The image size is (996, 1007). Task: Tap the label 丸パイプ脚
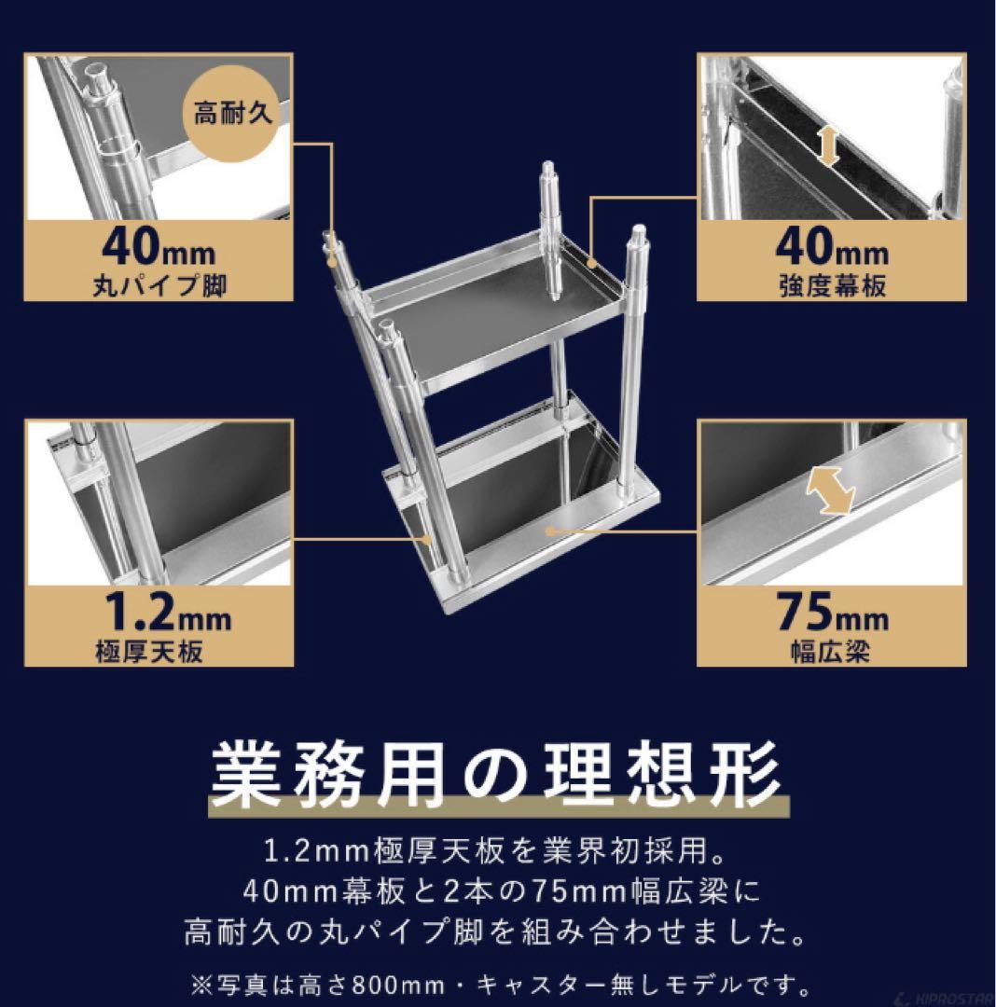point(159,284)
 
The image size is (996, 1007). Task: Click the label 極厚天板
point(149,650)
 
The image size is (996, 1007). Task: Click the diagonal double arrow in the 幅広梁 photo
point(829,490)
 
